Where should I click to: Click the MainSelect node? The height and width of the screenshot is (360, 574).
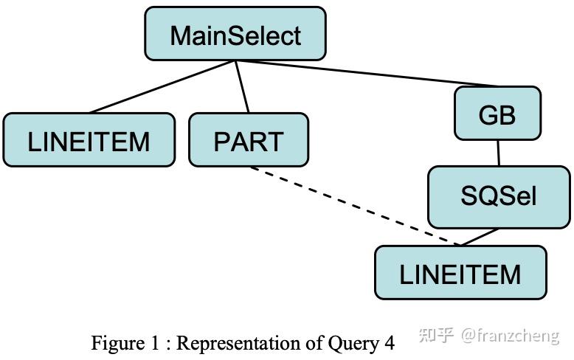coord(235,34)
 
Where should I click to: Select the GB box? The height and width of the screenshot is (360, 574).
coord(497,114)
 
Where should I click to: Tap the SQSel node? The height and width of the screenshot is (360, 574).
coord(499,196)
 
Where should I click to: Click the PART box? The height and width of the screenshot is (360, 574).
coord(249,139)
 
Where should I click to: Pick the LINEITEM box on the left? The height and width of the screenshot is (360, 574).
coord(89,139)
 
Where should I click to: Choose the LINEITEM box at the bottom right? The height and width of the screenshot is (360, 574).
coord(460,273)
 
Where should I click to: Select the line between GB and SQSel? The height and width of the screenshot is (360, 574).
coord(498,153)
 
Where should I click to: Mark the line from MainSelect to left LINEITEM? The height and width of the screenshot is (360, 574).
coord(162,87)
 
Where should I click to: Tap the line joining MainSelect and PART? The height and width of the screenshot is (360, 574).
coord(243,87)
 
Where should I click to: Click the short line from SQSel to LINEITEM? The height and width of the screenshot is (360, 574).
coord(480,237)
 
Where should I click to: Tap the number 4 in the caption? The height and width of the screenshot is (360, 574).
coord(389,343)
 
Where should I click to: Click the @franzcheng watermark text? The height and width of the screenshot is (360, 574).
coord(510,336)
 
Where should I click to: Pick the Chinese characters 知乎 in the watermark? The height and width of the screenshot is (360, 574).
coord(436,336)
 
